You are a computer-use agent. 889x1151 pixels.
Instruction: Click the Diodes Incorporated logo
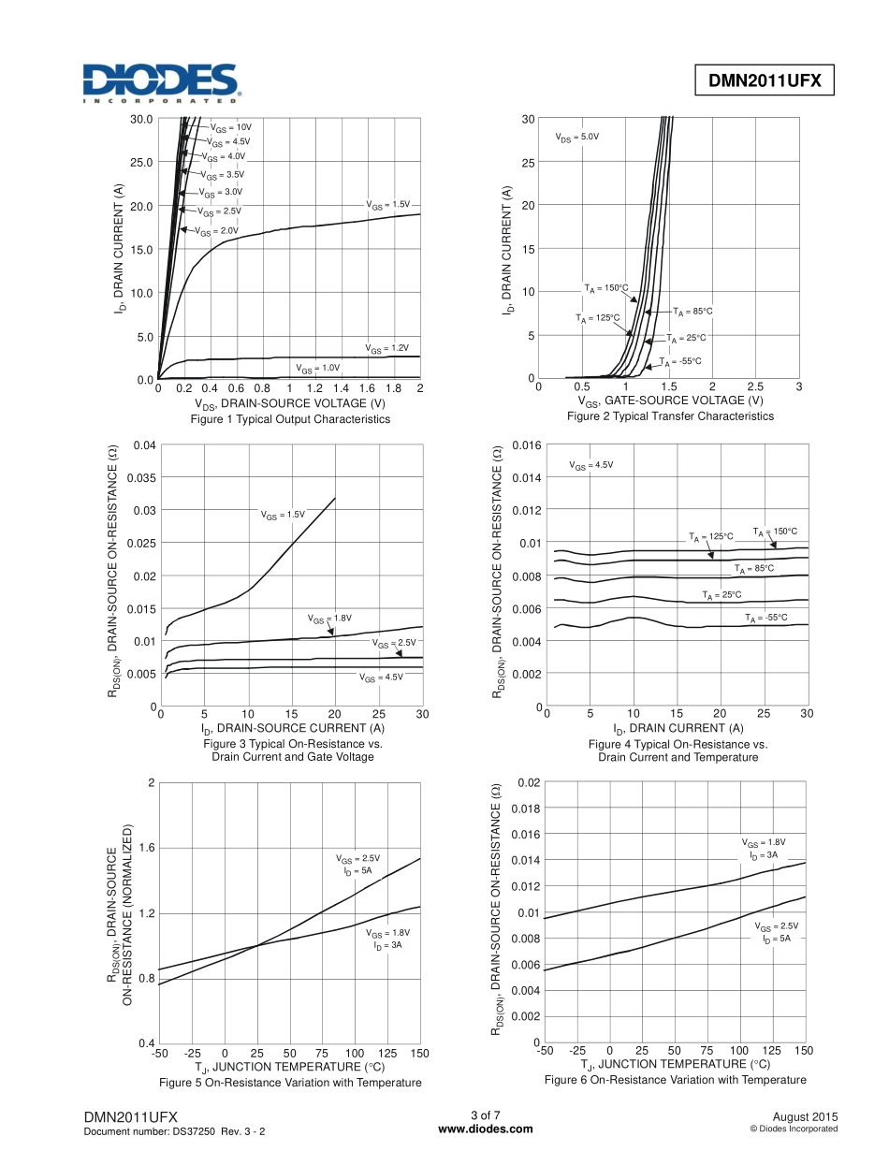point(162,82)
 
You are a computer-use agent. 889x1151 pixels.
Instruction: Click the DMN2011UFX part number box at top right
point(764,81)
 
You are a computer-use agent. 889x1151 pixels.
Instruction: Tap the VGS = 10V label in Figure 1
point(230,126)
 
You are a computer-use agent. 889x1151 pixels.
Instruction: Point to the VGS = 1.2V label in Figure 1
point(387,348)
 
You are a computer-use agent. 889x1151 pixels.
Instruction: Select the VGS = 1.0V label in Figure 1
point(317,368)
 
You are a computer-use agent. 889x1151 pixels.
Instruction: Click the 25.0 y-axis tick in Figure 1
point(141,162)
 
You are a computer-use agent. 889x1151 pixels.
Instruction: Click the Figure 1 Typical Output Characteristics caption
point(290,419)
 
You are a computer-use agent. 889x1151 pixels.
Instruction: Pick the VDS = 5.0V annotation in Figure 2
point(576,137)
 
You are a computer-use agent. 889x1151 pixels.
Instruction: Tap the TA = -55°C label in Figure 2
point(679,361)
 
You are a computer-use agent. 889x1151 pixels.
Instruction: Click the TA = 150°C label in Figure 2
point(605,287)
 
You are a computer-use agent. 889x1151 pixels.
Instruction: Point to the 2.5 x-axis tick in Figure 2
point(755,386)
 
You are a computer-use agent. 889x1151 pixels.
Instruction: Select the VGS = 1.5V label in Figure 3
point(283,515)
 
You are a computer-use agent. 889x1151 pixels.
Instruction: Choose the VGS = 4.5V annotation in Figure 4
point(591,465)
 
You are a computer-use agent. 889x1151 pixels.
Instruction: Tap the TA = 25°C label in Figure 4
point(721,594)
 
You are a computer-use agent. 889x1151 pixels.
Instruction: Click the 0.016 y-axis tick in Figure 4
point(525,444)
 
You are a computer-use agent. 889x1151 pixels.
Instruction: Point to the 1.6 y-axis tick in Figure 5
point(145,848)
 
